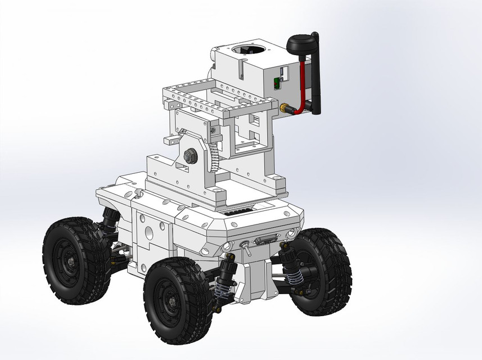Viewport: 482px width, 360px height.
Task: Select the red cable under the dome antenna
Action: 302,84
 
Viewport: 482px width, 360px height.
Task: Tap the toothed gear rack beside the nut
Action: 214,158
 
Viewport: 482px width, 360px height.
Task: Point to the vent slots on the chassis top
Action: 236,214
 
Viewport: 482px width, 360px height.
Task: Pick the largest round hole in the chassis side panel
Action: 148,231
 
